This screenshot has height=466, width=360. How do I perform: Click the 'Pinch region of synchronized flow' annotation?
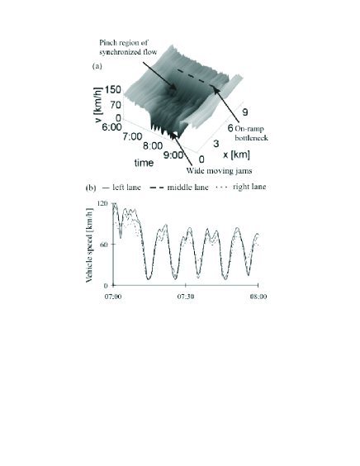pos(128,47)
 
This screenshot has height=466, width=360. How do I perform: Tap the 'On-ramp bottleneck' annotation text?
pos(251,133)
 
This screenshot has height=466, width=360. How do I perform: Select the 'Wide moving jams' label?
pos(219,170)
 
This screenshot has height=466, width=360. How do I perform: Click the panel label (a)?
pos(97,66)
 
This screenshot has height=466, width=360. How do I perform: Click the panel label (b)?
pos(91,188)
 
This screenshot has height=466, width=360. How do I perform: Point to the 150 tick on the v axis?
pos(113,90)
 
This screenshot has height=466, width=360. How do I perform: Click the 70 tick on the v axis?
pos(116,105)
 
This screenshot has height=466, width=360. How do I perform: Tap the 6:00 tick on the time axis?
pos(111,127)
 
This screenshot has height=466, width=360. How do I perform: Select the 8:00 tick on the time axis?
pos(153,146)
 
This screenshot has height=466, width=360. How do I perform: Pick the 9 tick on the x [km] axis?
pos(245,112)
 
